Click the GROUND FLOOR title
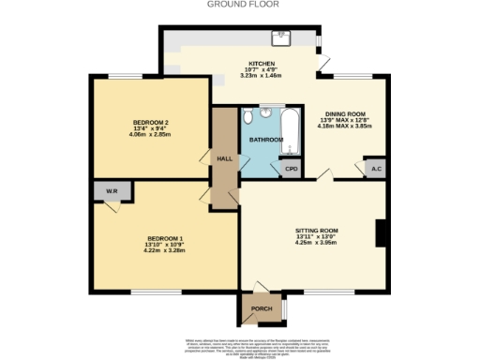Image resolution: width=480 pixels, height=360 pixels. (x=239, y=5)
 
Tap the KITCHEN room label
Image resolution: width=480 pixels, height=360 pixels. (x=234, y=63)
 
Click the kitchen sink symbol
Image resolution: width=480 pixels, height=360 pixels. (x=280, y=38)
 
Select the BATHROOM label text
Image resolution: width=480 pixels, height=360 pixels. (x=265, y=140)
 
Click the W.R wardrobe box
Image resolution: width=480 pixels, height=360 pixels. (x=112, y=192)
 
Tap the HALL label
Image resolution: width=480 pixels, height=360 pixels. (x=224, y=158)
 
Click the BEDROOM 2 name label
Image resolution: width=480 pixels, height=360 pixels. (x=150, y=123)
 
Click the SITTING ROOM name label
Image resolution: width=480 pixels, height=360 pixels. (x=316, y=230)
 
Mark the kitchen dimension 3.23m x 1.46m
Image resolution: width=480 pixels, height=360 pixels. (x=234, y=76)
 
